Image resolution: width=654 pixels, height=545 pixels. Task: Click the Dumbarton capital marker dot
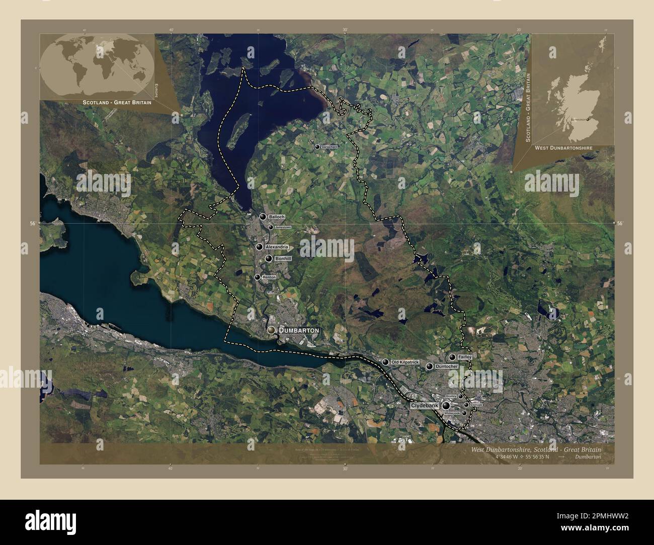tap(272, 330)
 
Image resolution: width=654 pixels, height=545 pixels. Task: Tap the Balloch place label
tap(277, 217)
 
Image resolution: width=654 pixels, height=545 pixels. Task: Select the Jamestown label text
tap(283, 227)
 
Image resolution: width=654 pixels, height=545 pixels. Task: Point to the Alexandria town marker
tap(260, 247)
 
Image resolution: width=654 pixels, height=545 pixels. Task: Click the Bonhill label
tap(284, 258)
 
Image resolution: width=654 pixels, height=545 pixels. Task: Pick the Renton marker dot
tap(257, 277)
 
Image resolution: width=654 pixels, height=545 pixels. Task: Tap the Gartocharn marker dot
tap(317, 147)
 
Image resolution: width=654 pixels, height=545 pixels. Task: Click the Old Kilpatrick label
tap(405, 362)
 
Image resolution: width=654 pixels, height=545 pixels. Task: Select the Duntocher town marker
tap(429, 367)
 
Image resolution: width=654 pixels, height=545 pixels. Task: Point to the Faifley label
tap(464, 357)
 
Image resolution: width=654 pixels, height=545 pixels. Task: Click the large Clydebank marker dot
tap(446, 405)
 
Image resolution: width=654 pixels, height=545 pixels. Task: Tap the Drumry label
tap(451, 396)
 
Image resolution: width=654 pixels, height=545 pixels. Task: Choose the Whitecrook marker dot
tap(464, 413)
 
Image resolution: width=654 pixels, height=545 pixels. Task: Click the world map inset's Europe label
tap(156, 90)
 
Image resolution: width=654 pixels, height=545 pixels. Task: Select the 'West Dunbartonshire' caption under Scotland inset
tap(563, 148)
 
